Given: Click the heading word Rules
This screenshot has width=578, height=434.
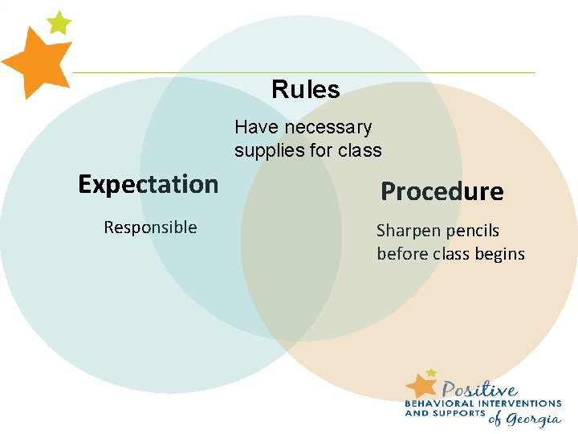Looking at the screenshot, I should (305, 89).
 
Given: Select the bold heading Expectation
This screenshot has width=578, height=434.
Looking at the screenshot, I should (148, 184).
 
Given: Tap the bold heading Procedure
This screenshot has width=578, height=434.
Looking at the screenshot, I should (442, 191).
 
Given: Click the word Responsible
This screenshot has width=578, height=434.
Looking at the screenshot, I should (150, 227).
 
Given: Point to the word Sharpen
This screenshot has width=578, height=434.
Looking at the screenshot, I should (409, 231).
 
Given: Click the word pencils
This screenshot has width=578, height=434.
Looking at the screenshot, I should (473, 231).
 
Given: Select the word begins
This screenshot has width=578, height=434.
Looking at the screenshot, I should (499, 255).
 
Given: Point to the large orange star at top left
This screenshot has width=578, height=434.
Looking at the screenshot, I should (35, 63).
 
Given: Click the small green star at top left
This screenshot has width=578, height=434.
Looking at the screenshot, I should (59, 22).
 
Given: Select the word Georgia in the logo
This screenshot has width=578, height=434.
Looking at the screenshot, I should (535, 419).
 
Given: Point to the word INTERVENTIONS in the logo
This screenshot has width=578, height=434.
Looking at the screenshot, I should (523, 403).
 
